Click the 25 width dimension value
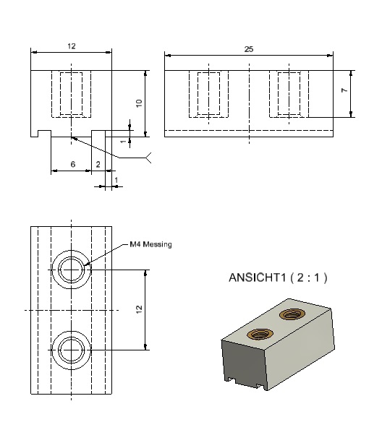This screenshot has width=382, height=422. point(249,49)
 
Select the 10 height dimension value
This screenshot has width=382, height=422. point(139,103)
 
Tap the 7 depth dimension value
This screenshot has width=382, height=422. point(344,90)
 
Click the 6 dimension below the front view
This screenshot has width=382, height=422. point(73,164)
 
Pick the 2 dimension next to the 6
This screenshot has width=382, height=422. point(98,164)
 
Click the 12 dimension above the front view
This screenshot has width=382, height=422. point(72,46)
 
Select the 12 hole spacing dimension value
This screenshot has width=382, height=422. point(139,309)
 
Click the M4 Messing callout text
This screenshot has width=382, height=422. point(150,244)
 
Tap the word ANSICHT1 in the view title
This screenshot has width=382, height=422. point(257,277)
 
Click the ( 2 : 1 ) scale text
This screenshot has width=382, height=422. point(309,277)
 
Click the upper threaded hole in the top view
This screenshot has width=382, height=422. point(72,270)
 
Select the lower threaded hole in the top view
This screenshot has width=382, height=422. point(72,350)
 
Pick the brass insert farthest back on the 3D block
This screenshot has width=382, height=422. point(292,314)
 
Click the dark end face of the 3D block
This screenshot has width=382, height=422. point(244,362)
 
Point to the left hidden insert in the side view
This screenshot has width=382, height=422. point(209,94)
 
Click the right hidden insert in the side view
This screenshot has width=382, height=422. point(289,94)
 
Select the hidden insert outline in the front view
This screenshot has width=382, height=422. point(72,94)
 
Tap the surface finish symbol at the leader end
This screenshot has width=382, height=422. point(148,158)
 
